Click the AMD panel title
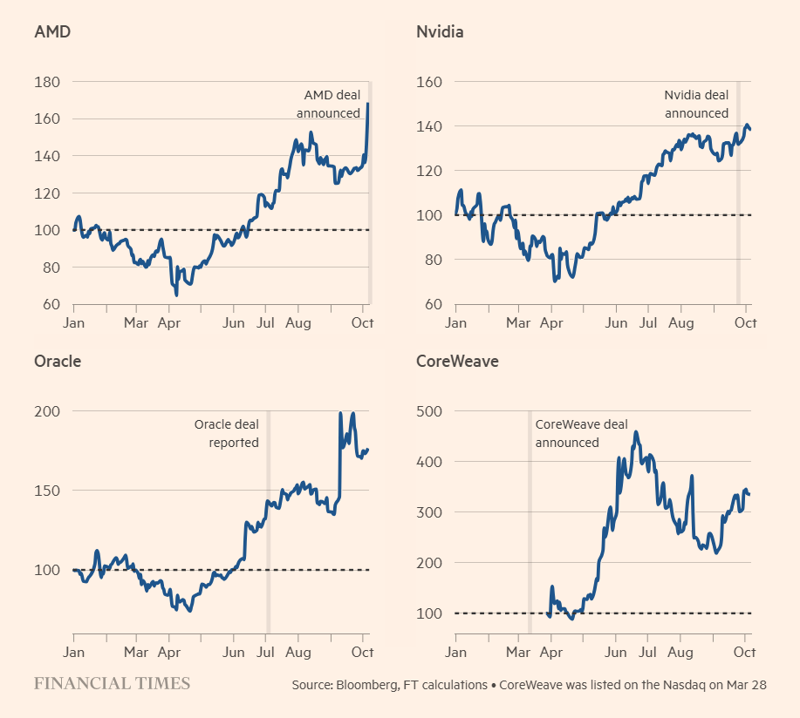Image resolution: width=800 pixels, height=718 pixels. pyautogui.click(x=52, y=32)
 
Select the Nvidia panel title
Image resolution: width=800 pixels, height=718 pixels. pyautogui.click(x=440, y=32)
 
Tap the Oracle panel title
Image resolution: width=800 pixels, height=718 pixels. pyautogui.click(x=57, y=361)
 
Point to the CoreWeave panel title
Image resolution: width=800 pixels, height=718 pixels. pyautogui.click(x=457, y=361)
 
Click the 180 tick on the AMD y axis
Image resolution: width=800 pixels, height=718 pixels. pyautogui.click(x=46, y=82)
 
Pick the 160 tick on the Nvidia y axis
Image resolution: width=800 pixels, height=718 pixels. pyautogui.click(x=430, y=82)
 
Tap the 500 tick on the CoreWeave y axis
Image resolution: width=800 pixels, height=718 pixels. pyautogui.click(x=430, y=410)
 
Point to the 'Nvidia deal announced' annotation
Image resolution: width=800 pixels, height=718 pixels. pyautogui.click(x=696, y=104)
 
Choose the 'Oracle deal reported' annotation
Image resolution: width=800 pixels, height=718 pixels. pyautogui.click(x=226, y=433)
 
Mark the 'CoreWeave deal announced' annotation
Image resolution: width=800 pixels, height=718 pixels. pyautogui.click(x=580, y=433)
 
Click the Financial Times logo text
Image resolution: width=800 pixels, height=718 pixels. pyautogui.click(x=112, y=683)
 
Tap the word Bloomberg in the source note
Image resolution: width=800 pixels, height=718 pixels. pyautogui.click(x=367, y=685)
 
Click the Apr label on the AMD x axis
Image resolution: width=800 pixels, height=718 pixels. pyautogui.click(x=168, y=323)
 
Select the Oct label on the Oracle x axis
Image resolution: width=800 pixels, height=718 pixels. pyautogui.click(x=362, y=652)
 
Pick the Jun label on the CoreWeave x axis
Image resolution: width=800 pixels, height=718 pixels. pyautogui.click(x=616, y=652)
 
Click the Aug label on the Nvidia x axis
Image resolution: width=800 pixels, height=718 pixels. pyautogui.click(x=680, y=323)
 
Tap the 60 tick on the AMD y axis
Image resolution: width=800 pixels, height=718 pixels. pyautogui.click(x=50, y=304)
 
